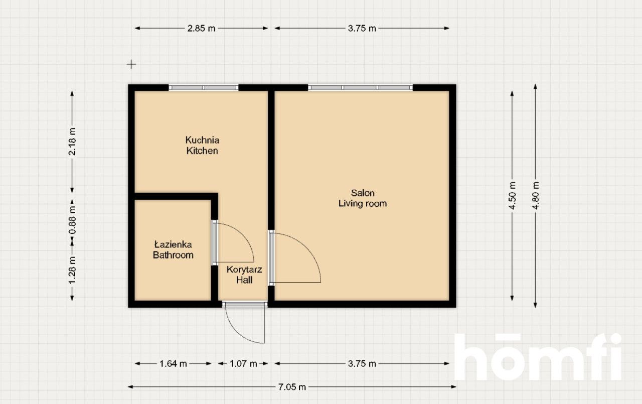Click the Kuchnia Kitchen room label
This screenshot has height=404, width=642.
coord(202,145)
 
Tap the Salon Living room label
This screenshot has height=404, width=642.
coord(363,198)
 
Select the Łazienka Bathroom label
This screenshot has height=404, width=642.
coord(173,250)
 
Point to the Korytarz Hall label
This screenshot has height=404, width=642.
coord(244,275)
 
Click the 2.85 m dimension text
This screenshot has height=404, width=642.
coord(201,28)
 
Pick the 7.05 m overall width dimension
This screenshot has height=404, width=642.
coord(292,387)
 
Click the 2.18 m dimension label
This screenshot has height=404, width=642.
coord(73,142)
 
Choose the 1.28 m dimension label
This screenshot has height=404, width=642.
coord(73,271)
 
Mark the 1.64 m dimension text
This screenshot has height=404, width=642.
coord(173,364)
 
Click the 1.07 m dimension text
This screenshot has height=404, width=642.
coord(243,364)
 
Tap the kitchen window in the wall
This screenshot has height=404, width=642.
coord(203,87)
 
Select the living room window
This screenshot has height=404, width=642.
coord(360,87)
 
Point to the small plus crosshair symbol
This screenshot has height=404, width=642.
coord(131,64)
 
